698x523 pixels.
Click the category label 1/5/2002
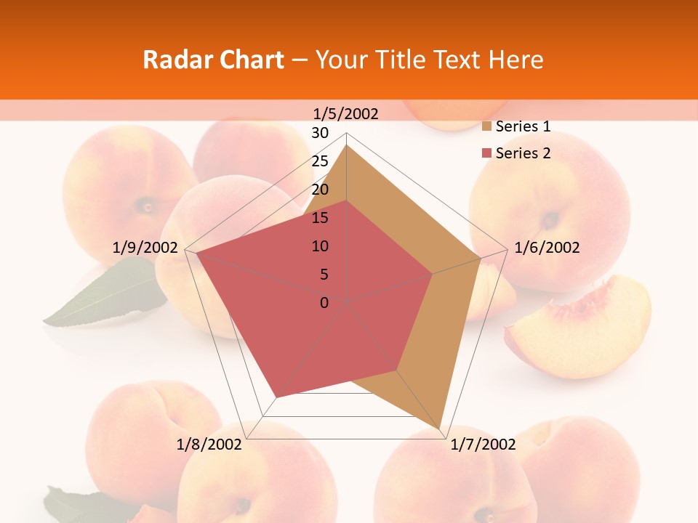point(346,114)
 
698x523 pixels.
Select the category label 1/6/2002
point(547,248)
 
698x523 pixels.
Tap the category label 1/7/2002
point(483,445)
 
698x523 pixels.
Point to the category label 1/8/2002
point(209,445)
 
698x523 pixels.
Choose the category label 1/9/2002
point(145,248)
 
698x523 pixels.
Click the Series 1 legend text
point(523,126)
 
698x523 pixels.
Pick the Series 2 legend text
point(523,153)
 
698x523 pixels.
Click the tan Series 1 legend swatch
point(486,127)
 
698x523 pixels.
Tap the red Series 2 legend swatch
point(486,153)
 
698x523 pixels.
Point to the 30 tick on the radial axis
point(320,133)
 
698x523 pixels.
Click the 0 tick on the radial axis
point(324,303)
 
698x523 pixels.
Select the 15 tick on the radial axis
point(320,218)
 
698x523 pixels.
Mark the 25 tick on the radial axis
point(320,161)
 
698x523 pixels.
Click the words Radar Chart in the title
point(213,60)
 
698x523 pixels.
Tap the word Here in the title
point(516,60)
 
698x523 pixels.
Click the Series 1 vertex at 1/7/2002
point(441,428)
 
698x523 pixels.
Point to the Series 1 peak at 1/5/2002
point(347,145)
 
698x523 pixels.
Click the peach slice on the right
point(582,331)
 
